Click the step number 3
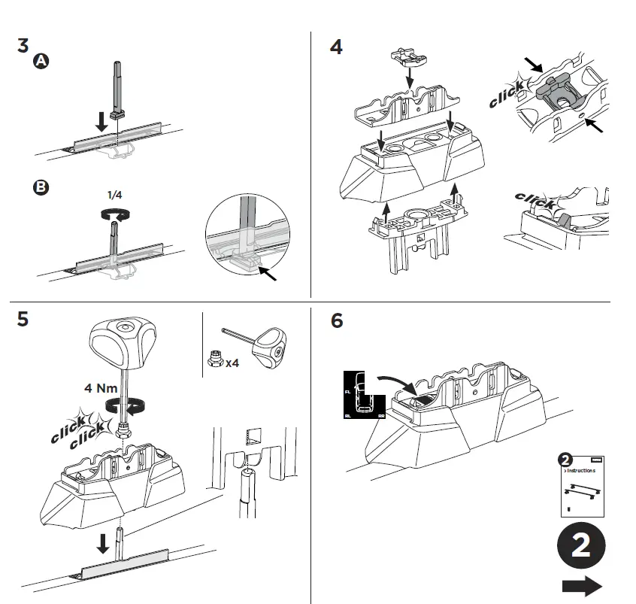(23, 46)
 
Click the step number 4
(337, 46)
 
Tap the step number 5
(23, 319)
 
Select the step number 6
(337, 320)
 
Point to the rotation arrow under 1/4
(113, 214)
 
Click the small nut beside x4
(214, 362)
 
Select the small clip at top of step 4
(406, 57)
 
